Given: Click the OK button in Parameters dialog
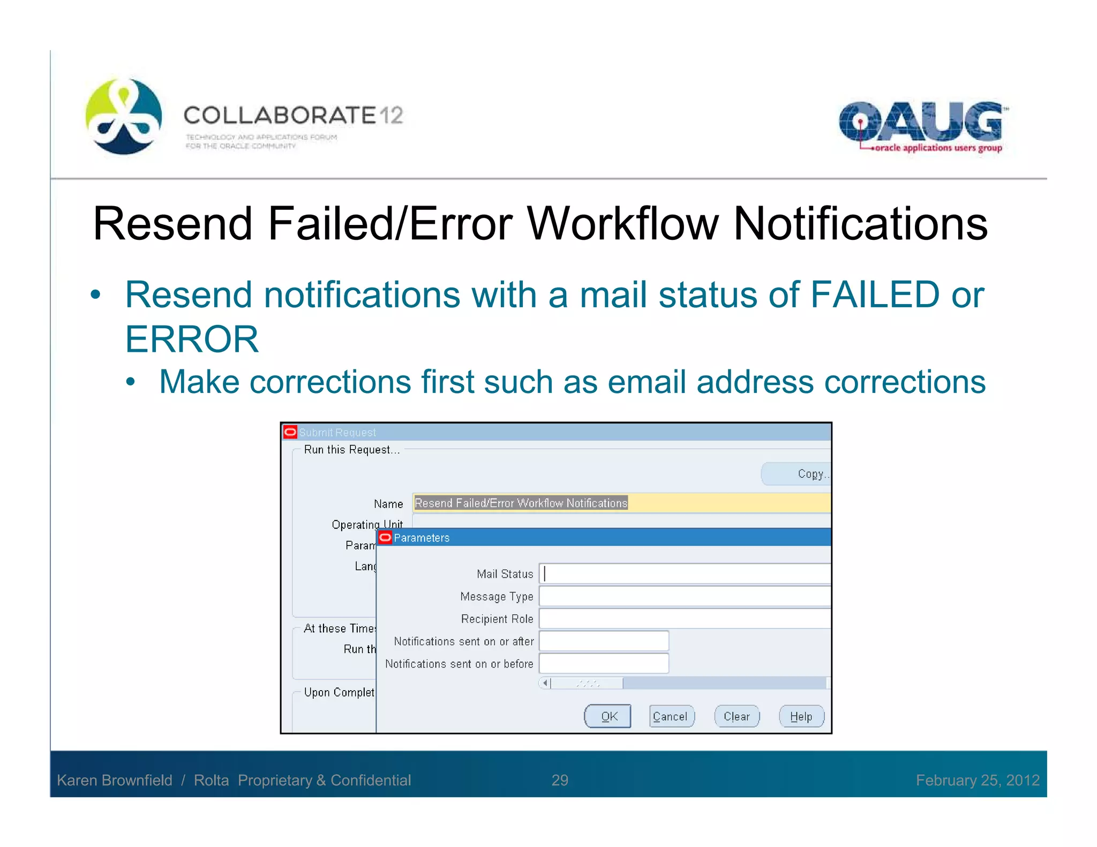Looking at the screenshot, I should click(x=607, y=716).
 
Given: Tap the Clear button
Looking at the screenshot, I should click(x=737, y=716).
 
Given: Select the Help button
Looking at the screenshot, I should click(x=801, y=716).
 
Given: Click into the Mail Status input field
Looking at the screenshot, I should click(x=685, y=574).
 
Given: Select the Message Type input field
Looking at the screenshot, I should click(x=685, y=596).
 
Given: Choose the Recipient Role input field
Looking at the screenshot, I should click(x=685, y=619).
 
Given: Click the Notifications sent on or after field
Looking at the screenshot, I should click(x=604, y=641).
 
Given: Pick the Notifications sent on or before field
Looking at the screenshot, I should click(x=604, y=664).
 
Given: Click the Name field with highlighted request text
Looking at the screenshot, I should click(x=621, y=503).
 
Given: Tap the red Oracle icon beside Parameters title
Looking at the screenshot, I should click(x=385, y=538).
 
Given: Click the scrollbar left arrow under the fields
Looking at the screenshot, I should click(x=545, y=683).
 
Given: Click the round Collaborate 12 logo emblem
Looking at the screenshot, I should click(x=124, y=116).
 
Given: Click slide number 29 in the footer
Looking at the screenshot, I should click(x=560, y=780).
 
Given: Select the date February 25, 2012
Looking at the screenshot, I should click(x=977, y=780).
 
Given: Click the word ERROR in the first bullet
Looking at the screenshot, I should click(x=192, y=339).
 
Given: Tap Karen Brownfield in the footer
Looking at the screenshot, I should click(x=115, y=780).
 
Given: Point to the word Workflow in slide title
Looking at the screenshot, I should click(x=622, y=224).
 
